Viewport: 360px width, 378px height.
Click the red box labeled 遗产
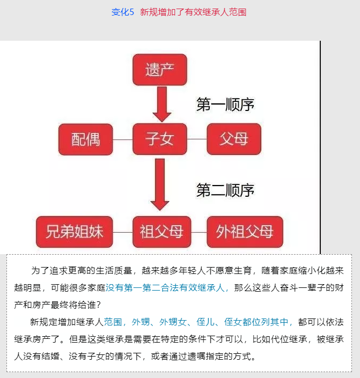[x=160, y=70]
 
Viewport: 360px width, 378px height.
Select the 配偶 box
[x=86, y=139]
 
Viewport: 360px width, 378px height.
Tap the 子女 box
[x=160, y=139]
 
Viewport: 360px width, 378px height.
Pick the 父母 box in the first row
[x=234, y=139]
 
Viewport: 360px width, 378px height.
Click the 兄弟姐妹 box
[x=75, y=232]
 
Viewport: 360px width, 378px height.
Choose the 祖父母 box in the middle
[x=161, y=232]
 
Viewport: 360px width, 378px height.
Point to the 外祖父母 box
[x=245, y=232]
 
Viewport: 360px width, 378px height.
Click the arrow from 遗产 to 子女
[x=162, y=104]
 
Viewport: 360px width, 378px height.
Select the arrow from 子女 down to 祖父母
[x=160, y=184]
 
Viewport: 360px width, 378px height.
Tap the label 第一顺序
[x=225, y=105]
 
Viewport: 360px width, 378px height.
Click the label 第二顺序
[x=225, y=190]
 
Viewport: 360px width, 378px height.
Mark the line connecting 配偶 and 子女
[x=122, y=139]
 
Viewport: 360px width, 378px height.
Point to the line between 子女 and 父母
[x=197, y=139]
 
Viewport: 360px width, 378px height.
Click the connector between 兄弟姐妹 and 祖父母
[x=122, y=232]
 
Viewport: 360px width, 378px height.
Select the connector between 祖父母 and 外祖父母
[x=199, y=232]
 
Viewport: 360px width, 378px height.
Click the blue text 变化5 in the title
[x=122, y=12]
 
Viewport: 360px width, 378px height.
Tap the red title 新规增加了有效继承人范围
[x=193, y=12]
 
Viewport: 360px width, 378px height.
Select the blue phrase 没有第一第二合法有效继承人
[x=165, y=287]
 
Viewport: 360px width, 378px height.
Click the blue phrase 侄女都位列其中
[x=256, y=322]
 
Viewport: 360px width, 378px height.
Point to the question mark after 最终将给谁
[x=98, y=305]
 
